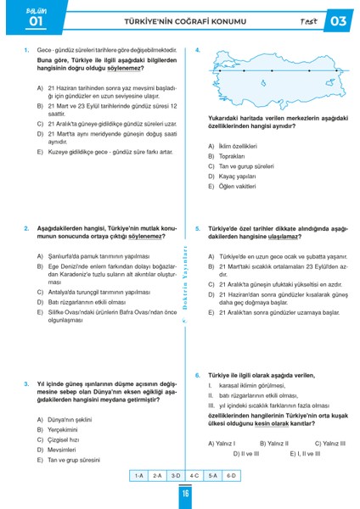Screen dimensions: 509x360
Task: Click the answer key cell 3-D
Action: [176, 476]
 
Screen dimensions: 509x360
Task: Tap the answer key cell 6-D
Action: [231, 476]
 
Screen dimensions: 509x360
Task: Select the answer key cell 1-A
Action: [139, 476]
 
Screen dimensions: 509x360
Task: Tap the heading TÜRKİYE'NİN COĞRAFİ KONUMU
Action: [180, 21]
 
